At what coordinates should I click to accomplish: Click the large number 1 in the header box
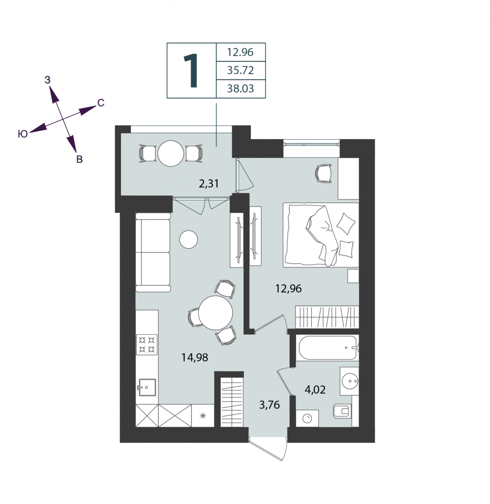click(191, 71)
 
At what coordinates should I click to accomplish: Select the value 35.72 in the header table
click(240, 70)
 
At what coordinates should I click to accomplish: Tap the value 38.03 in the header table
click(240, 89)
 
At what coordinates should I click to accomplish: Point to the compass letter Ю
click(23, 134)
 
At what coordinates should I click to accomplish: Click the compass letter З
click(47, 80)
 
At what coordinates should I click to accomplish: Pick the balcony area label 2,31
click(209, 184)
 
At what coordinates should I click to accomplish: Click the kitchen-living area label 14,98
click(194, 358)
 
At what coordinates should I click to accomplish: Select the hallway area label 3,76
click(270, 404)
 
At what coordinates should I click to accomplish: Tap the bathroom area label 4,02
click(315, 389)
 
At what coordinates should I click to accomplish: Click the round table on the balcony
click(170, 153)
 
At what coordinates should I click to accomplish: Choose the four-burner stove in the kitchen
click(147, 344)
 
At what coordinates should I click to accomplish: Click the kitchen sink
click(147, 388)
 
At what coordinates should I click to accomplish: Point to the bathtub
click(328, 348)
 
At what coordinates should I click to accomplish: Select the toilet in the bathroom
click(342, 411)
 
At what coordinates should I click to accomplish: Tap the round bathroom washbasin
click(350, 381)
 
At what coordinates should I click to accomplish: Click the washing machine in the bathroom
click(307, 418)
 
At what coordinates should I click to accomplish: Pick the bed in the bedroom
click(321, 235)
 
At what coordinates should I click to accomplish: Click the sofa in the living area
click(153, 253)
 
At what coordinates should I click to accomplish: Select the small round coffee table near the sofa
click(189, 239)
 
